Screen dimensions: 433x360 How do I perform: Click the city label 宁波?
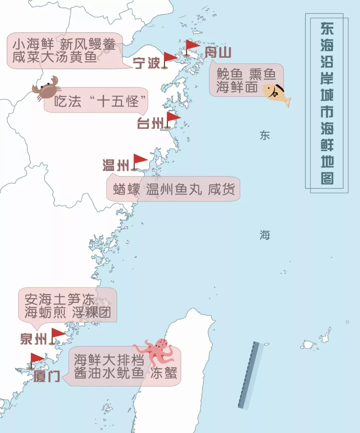[x=146, y=63]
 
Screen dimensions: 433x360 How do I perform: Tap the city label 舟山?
[x=218, y=52]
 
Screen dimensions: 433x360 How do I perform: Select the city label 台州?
[x=150, y=123]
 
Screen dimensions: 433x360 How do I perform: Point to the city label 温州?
[x=116, y=165]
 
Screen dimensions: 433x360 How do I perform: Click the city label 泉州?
[x=33, y=339]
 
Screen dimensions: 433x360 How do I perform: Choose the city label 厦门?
[x=47, y=376]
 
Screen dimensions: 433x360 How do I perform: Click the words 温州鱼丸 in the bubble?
[x=174, y=189]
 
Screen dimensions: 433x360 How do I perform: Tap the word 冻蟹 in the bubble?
[x=163, y=373]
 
